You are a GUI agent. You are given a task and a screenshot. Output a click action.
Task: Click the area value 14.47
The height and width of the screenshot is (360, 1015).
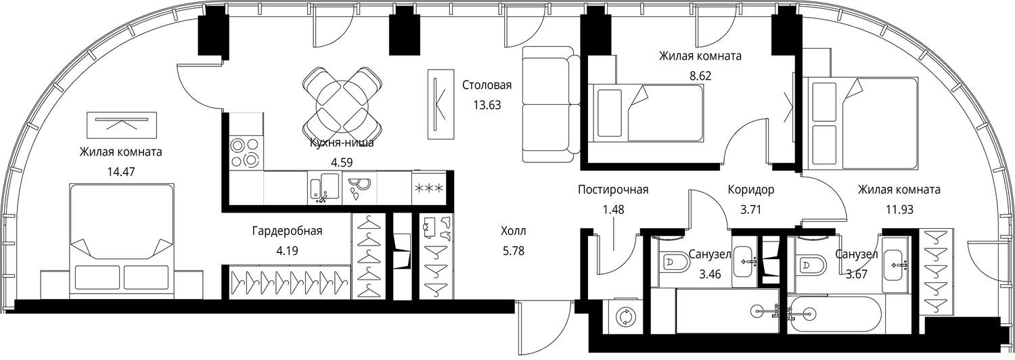click(121, 172)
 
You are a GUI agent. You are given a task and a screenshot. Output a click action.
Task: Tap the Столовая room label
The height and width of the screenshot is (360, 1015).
click(487, 85)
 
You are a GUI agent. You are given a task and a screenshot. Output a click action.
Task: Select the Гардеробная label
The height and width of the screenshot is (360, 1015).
click(288, 231)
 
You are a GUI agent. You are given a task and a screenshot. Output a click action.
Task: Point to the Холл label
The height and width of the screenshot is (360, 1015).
click(514, 231)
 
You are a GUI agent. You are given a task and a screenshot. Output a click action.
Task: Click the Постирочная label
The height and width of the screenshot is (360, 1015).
click(613, 189)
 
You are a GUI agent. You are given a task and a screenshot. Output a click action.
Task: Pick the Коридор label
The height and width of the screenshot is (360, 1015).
click(751, 189)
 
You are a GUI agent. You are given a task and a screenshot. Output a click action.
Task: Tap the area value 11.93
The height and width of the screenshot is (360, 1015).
click(882, 210)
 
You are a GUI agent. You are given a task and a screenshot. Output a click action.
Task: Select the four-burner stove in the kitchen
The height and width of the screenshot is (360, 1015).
click(245, 153)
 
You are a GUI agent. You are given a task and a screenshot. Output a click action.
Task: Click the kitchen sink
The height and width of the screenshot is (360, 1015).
click(324, 187)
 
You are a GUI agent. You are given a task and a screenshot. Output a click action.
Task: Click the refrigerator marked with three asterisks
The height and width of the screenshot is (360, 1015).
click(428, 187)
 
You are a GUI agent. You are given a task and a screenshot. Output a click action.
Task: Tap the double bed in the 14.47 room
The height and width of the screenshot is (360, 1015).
click(121, 241)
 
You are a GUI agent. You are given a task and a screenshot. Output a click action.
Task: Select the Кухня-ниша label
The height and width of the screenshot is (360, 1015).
click(342, 143)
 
